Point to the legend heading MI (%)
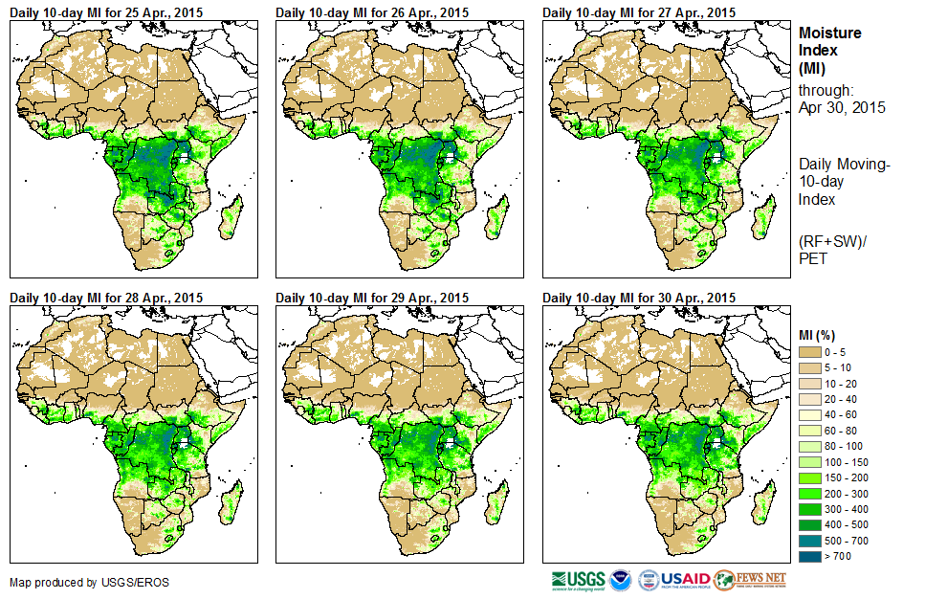coord(821,334)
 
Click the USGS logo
coord(577,580)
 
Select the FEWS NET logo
coord(751,580)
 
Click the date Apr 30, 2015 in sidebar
coord(842,107)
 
